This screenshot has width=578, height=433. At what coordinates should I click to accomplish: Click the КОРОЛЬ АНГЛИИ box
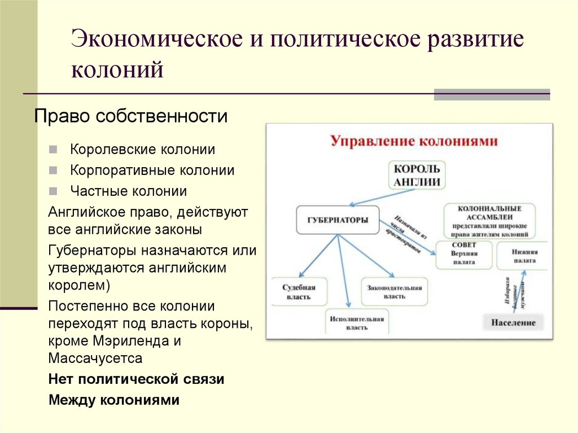tap(416, 175)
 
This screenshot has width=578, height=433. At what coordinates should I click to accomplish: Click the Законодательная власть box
tap(394, 292)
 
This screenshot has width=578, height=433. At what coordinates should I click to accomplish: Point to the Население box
tap(513, 323)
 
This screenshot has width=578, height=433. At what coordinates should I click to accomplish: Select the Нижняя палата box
tap(524, 257)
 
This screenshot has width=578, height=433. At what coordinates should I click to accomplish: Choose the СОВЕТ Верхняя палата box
tap(464, 254)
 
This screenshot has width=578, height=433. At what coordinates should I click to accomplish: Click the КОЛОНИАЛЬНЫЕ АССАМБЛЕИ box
tap(489, 221)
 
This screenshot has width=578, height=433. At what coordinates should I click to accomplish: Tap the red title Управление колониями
tap(414, 141)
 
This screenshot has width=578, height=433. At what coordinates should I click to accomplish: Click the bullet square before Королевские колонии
tap(52, 150)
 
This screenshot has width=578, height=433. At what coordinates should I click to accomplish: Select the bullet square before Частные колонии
tap(52, 191)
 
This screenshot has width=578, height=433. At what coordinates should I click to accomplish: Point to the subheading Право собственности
tap(131, 117)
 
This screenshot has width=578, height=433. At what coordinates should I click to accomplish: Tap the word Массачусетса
tap(95, 358)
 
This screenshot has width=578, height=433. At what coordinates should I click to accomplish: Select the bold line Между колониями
tap(114, 400)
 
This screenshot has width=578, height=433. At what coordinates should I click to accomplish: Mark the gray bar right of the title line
tap(492, 94)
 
